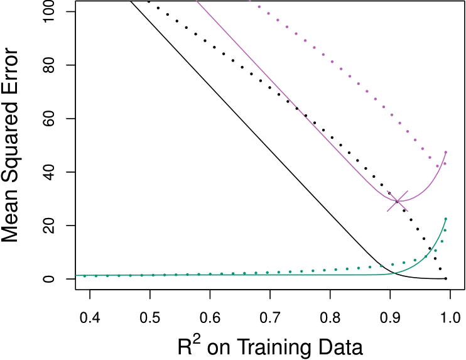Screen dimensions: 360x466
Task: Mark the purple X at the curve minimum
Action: (397, 201)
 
